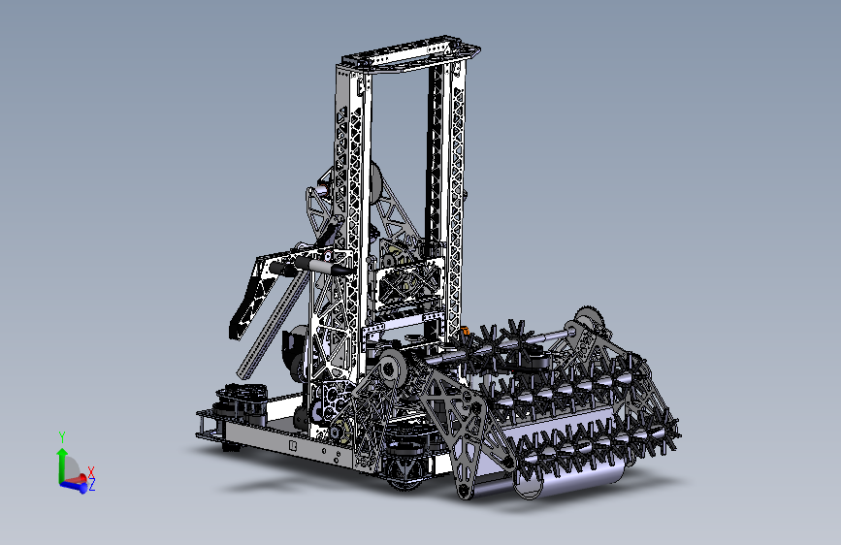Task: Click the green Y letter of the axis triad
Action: (62, 438)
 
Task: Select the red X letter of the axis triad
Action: (91, 471)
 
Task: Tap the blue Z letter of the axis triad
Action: (91, 485)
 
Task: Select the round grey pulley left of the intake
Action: (392, 369)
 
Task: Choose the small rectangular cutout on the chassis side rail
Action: (293, 446)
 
